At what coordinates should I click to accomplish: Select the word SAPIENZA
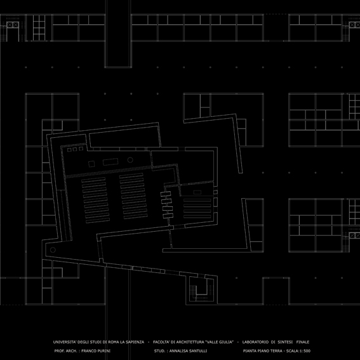tap(135, 342)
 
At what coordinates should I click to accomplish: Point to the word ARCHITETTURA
tap(190, 342)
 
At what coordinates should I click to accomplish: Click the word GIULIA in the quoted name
tap(225, 342)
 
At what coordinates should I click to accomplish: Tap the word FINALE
tap(303, 342)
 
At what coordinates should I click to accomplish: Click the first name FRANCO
tap(88, 351)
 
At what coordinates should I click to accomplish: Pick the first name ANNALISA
tap(178, 351)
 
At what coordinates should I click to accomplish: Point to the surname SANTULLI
tap(198, 351)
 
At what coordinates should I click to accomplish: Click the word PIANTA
tap(250, 351)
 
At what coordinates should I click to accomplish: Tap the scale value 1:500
tap(305, 351)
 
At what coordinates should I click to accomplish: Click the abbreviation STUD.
tap(159, 351)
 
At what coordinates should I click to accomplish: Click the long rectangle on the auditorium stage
tap(110, 162)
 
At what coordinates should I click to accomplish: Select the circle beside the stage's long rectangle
tap(130, 160)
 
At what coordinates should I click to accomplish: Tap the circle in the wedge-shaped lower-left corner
tap(53, 250)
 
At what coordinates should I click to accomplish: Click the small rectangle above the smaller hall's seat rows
tap(197, 192)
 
